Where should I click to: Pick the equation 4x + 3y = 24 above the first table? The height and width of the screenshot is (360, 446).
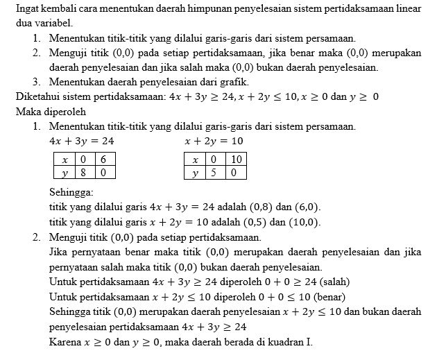[x=82, y=141]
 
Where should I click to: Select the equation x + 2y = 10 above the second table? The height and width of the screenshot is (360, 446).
[x=214, y=141]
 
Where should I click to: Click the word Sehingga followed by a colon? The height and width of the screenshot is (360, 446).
[x=72, y=192]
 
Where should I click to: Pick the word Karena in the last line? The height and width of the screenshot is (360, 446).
[x=66, y=343]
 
